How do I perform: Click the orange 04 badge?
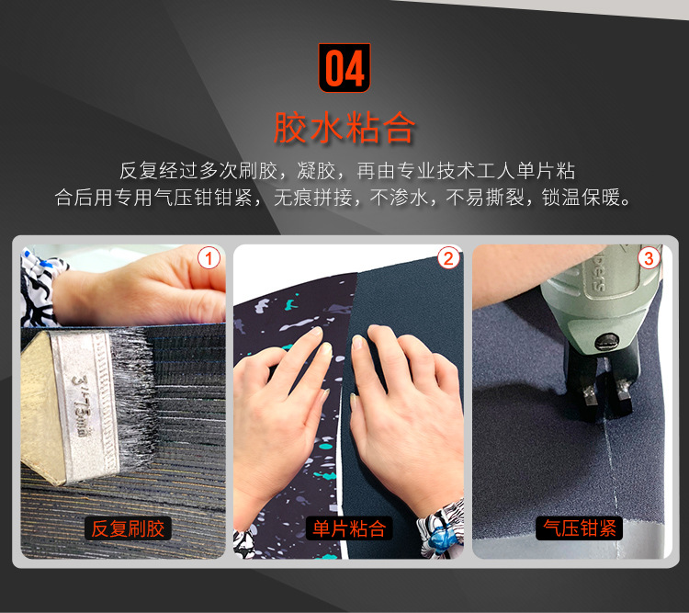[x=344, y=68]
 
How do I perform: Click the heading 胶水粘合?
[x=344, y=128]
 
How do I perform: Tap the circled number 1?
[x=209, y=258]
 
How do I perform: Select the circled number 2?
[x=448, y=258]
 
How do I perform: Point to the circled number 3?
[x=649, y=258]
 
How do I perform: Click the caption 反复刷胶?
[x=128, y=528]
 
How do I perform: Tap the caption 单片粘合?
[x=349, y=528]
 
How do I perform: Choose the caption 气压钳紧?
[x=579, y=528]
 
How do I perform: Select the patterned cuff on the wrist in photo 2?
[x=442, y=528]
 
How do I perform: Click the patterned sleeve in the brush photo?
[x=40, y=287]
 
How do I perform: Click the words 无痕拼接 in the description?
[x=313, y=198]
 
